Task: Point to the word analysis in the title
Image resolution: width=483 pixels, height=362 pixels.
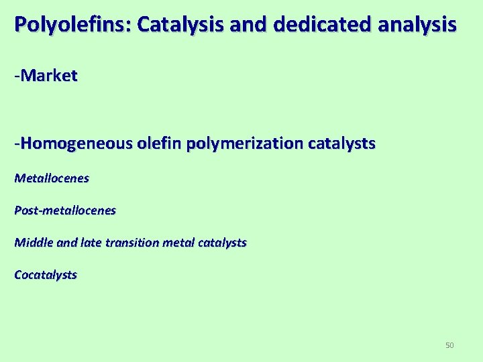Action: click(x=416, y=25)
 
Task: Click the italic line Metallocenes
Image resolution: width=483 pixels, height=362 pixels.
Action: click(x=52, y=178)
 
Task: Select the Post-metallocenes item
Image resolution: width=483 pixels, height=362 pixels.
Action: click(x=65, y=210)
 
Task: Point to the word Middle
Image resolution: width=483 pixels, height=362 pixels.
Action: click(x=32, y=243)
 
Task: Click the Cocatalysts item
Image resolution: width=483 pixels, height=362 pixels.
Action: click(x=46, y=275)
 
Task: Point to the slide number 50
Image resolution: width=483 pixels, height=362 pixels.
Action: click(x=449, y=345)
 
